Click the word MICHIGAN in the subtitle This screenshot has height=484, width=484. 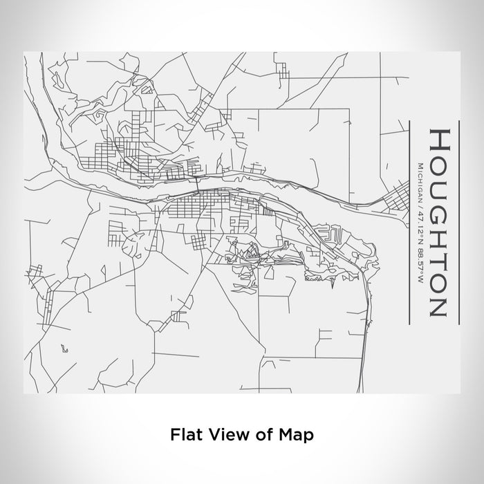click(421, 180)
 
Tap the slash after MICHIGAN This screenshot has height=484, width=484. click(421, 204)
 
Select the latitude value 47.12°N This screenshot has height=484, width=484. click(421, 224)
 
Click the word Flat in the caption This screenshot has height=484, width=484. click(185, 435)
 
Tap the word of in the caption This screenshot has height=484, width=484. click(261, 435)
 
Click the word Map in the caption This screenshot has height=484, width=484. click(295, 435)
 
